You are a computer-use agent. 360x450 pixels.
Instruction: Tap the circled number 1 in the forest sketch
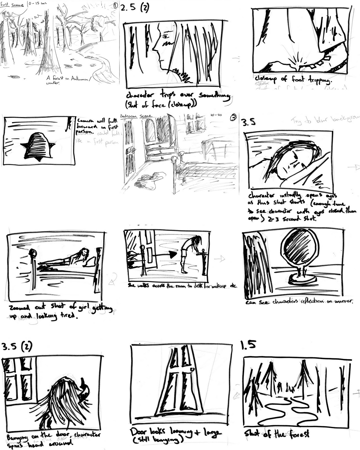pyautogui.click(x=115, y=5)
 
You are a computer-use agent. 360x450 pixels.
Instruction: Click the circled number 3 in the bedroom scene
pyautogui.click(x=233, y=118)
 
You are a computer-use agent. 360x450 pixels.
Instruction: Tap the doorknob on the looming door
pyautogui.click(x=192, y=369)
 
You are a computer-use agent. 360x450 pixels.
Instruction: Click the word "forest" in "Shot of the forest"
pyautogui.click(x=298, y=434)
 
